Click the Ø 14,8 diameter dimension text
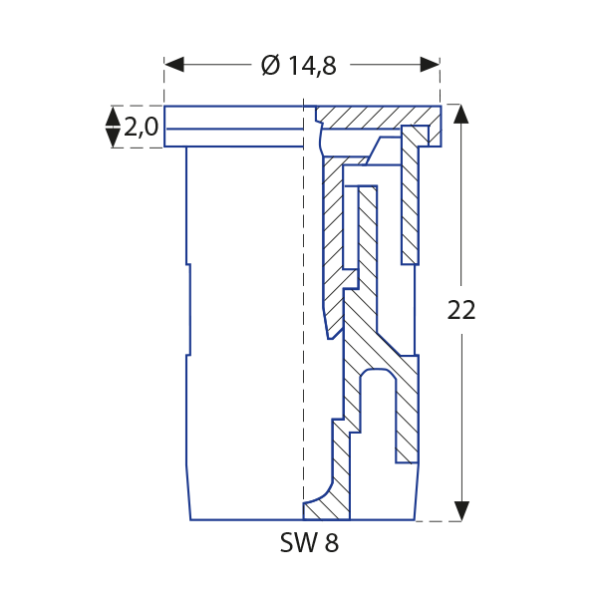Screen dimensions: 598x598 tap(299, 66)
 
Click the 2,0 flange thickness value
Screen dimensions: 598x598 tap(141, 127)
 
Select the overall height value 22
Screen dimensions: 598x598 tap(461, 310)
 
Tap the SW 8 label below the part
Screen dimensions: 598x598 tap(310, 544)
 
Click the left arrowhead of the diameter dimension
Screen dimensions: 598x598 tap(174, 65)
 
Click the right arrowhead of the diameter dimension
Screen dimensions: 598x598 tap(430, 65)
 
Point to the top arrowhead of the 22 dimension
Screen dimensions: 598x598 tap(460, 113)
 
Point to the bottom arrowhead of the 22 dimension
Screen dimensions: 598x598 tap(460, 510)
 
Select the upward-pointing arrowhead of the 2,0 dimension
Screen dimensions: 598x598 tap(113, 116)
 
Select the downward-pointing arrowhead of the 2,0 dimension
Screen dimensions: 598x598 tap(113, 139)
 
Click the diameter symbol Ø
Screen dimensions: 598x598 tap(271, 66)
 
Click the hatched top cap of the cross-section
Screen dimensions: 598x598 tap(369, 118)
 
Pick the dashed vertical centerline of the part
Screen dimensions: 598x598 tap(302, 299)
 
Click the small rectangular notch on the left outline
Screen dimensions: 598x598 tap(186, 309)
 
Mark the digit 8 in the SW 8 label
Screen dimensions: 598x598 tap(332, 544)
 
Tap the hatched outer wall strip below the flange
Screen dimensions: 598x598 tap(409, 199)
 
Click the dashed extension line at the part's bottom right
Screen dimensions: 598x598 tap(440, 520)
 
